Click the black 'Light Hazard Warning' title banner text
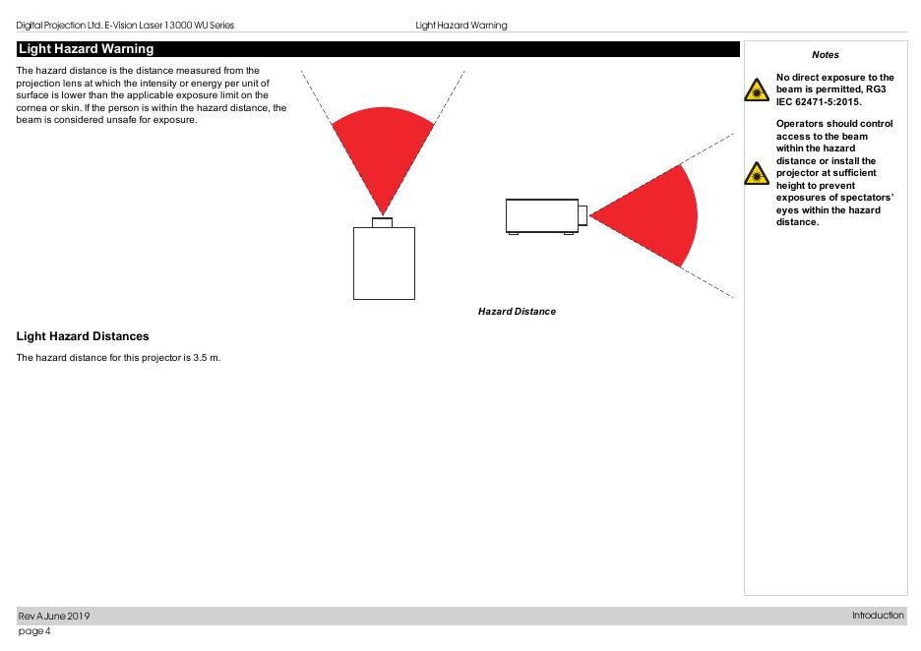point(86,49)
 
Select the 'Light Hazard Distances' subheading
point(83,336)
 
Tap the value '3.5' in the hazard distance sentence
point(200,358)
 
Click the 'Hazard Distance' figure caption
point(517,312)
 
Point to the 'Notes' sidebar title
point(826,55)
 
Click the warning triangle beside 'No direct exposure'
point(757,90)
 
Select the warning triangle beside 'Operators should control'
point(757,174)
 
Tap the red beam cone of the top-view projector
point(383,149)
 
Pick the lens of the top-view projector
point(383,223)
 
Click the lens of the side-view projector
point(583,215)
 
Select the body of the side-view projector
point(542,216)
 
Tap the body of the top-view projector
point(384,264)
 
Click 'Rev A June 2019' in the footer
point(54,617)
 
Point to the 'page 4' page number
point(34,631)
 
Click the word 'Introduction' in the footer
point(878,616)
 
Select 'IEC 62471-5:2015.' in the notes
point(819,102)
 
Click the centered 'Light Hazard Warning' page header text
point(461,26)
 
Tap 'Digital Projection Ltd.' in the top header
point(59,26)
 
